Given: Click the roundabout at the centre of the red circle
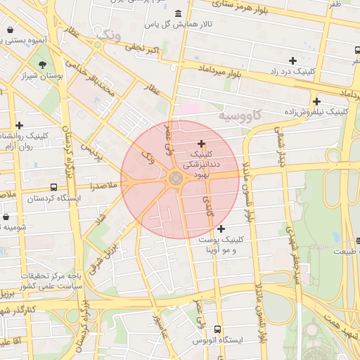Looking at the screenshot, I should coord(175,179).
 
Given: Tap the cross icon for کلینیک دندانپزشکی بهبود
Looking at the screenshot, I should coord(202,143).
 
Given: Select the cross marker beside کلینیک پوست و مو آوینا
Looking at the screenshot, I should coord(221,229).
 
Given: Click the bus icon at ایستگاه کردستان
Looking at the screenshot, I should coord(54,187).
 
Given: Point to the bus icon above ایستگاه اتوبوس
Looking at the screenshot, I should coord(217,329).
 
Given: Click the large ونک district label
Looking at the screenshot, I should coord(110,33).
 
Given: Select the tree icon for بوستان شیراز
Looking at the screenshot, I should coord(43,65).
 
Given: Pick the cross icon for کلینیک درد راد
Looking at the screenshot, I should coord(292,61).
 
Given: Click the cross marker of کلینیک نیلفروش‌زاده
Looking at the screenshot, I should coord(317,101).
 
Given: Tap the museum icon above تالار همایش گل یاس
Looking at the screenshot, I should coord(176,14).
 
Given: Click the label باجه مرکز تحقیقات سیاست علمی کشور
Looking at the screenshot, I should coord(55,281).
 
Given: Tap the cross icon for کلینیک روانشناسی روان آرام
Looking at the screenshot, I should coord(19,125).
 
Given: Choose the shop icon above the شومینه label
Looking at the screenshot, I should coord(6,217).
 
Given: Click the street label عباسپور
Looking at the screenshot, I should coord(160,326).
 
